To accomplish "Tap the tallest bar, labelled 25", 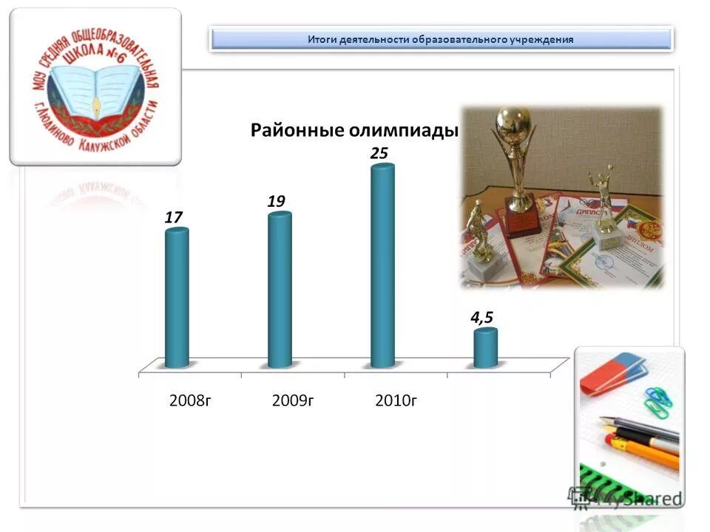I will [x=382, y=266].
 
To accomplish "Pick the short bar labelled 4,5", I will [x=485, y=348].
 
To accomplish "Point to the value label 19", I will [x=277, y=201].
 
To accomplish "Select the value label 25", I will [x=379, y=153].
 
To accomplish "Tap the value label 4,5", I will [x=482, y=317].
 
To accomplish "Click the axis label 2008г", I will [x=191, y=401].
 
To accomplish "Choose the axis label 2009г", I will [x=294, y=401].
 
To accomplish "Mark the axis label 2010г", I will [x=396, y=401].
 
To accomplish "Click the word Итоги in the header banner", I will [x=322, y=39].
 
